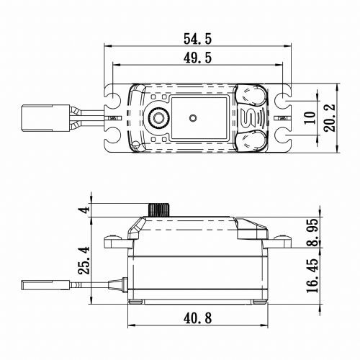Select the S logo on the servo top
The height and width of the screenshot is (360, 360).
(252, 117)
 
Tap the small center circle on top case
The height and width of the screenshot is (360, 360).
(192, 117)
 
